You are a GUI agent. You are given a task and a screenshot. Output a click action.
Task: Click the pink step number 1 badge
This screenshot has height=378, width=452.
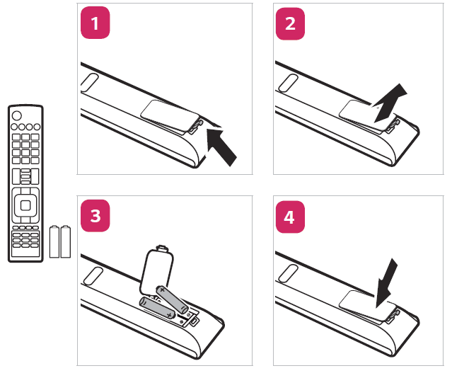[95, 24]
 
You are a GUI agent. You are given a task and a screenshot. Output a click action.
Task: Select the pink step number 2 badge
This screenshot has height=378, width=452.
[290, 24]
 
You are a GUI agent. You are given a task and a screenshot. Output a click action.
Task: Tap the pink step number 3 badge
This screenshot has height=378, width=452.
[95, 217]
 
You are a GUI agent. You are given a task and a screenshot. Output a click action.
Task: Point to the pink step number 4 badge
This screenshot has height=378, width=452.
[290, 217]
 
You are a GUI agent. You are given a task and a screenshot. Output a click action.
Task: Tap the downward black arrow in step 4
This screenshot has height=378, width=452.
[386, 281]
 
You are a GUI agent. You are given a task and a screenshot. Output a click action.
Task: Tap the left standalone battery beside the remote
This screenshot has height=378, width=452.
[54, 241]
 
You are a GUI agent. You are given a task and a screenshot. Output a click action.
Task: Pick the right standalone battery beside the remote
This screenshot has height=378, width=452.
[66, 241]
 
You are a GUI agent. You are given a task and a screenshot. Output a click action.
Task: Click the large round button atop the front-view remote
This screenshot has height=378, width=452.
[16, 115]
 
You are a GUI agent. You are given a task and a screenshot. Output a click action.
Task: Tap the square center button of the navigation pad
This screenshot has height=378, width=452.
[25, 205]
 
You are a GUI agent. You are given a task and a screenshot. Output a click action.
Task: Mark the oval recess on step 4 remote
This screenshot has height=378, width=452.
[285, 273]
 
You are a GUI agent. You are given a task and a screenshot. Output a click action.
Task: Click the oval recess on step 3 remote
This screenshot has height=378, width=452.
[90, 274]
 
